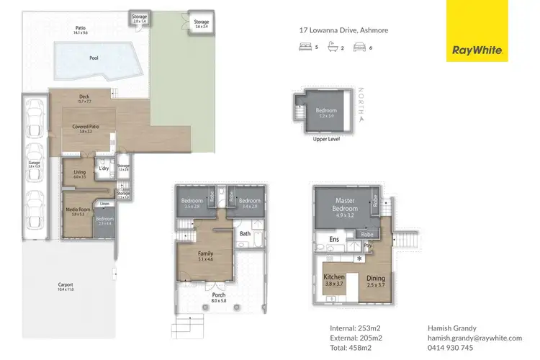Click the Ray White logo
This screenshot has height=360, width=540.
click(477, 31)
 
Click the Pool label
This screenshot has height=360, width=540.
click(94, 58)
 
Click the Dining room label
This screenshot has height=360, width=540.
click(376, 278)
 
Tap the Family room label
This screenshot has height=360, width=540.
click(205, 253)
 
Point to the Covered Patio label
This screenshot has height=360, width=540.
click(86, 127)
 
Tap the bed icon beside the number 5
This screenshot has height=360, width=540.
click(305, 48)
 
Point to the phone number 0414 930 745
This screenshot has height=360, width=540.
click(451, 348)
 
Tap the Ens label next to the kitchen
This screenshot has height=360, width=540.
click(334, 239)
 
